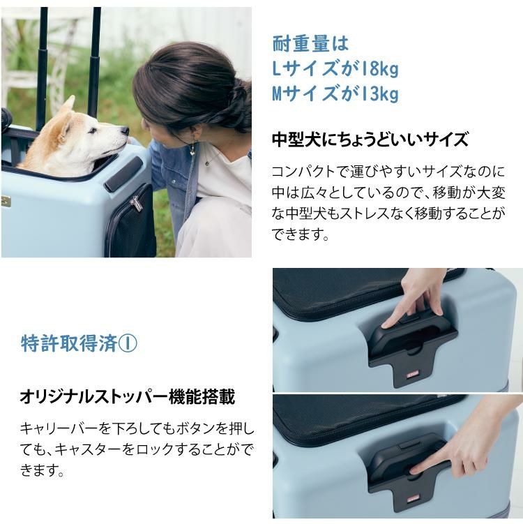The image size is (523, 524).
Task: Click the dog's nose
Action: (125, 130)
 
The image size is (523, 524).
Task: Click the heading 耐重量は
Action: (310, 43)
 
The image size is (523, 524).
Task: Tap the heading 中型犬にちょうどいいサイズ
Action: (370, 140)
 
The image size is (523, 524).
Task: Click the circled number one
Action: (130, 343)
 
